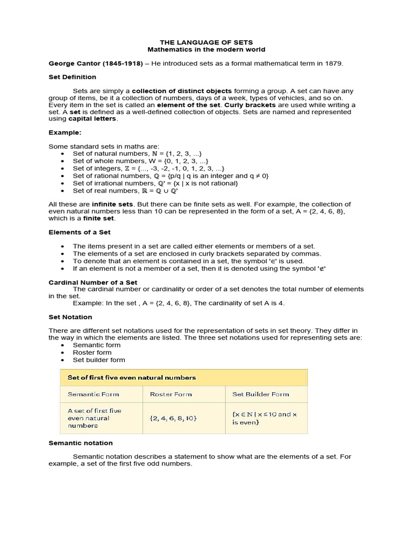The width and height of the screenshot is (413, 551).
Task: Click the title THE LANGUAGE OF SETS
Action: (x=206, y=42)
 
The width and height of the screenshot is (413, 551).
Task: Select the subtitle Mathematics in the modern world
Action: (x=206, y=50)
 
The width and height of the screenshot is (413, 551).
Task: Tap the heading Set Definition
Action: (x=73, y=77)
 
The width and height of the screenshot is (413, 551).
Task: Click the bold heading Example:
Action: (x=65, y=132)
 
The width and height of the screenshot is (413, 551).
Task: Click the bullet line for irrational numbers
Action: (x=155, y=183)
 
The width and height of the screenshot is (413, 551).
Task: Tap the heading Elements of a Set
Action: (x=80, y=232)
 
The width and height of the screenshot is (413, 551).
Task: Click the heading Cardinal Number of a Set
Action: (x=93, y=282)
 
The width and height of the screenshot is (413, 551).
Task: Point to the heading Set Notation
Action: (x=70, y=317)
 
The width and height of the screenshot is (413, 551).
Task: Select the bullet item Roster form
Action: (x=92, y=352)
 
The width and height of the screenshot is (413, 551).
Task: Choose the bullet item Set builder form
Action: (x=99, y=360)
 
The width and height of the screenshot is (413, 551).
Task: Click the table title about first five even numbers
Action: (x=131, y=378)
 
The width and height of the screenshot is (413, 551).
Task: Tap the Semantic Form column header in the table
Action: (x=94, y=394)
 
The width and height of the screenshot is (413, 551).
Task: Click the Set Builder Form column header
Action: (x=260, y=394)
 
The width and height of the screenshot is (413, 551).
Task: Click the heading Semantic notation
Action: (x=81, y=443)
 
